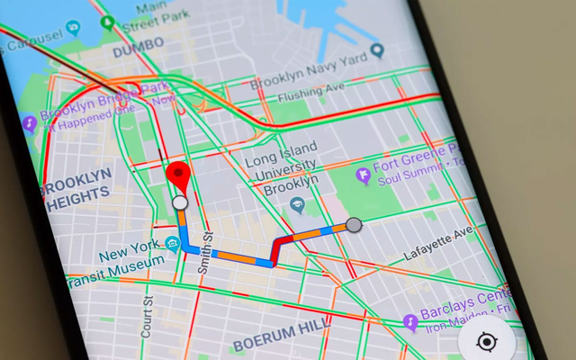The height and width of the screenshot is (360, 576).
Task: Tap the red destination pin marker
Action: [x=180, y=174]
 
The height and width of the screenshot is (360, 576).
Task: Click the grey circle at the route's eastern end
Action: [x=354, y=224]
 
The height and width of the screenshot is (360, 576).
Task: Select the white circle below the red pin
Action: [x=180, y=204]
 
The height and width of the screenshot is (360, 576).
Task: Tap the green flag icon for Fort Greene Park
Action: [x=363, y=173]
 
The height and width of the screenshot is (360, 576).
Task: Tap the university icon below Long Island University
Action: [x=297, y=207]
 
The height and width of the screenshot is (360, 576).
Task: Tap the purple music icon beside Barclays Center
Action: [x=410, y=320]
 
